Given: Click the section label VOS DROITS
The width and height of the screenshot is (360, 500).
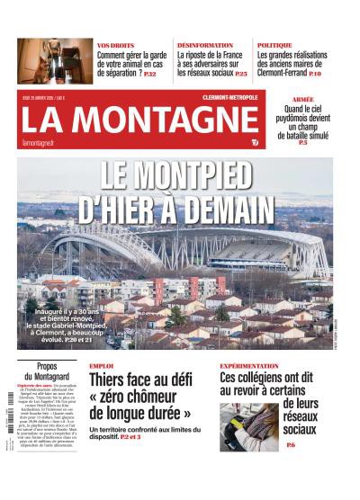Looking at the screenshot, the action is click(x=115, y=44).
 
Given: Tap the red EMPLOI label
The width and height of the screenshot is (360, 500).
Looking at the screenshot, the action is click(x=101, y=366).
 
